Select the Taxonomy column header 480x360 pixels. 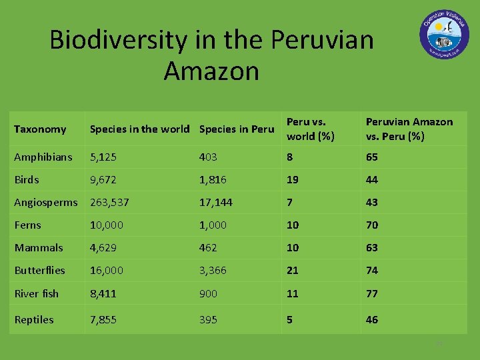40,129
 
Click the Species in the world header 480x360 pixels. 139,129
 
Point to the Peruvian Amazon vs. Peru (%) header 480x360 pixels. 409,129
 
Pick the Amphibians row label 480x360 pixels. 43,157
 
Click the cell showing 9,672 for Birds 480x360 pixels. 103,180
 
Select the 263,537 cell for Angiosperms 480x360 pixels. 109,203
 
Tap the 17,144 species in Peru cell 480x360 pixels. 215,203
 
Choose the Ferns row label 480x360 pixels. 28,225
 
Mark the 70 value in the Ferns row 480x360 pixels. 371,225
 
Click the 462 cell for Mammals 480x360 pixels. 208,248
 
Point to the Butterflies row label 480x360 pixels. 40,271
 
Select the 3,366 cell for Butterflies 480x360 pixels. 213,271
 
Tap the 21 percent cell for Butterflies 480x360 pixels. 293,271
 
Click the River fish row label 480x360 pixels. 37,293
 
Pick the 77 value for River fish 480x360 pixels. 371,293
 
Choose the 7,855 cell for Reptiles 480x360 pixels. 103,320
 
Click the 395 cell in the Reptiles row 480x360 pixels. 208,320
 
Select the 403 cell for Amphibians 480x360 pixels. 208,157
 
